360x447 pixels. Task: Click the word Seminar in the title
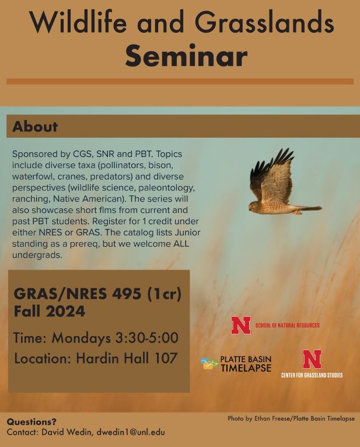[x=186, y=55]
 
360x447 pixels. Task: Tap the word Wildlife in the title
[x=78, y=22]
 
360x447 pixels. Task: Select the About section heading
[x=35, y=127]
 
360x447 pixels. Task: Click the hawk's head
[x=253, y=206]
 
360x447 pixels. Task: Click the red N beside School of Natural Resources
[x=241, y=325]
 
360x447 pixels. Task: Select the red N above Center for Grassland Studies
[x=312, y=359]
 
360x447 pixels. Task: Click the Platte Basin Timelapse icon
[x=209, y=364]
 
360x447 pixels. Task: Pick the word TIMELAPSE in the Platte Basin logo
[x=246, y=368]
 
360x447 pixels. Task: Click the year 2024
[x=65, y=311]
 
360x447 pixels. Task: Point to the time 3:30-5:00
[x=147, y=338]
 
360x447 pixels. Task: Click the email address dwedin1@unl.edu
[x=131, y=432]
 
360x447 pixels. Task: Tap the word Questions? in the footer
[x=32, y=422]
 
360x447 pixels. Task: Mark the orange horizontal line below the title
[x=180, y=82]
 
